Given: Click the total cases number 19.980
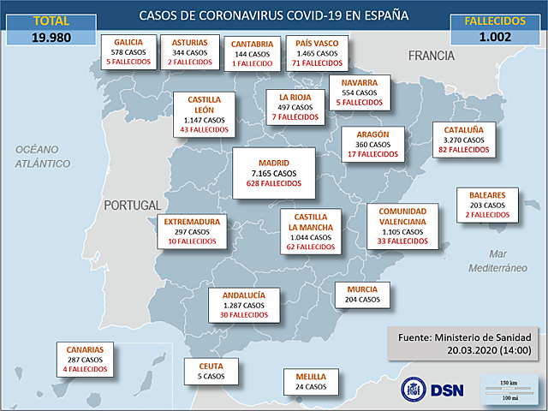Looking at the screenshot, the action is tap(51, 37).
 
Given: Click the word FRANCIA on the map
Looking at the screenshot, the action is tap(431, 56).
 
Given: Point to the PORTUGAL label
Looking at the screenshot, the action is tap(132, 205).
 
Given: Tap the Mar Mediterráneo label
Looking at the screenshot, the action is tap(495, 261).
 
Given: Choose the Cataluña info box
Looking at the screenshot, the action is tap(464, 140).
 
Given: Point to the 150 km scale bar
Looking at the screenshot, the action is tap(509, 384).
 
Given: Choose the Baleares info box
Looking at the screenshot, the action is tap(487, 205).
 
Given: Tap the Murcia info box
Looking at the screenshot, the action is tap(362, 295).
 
